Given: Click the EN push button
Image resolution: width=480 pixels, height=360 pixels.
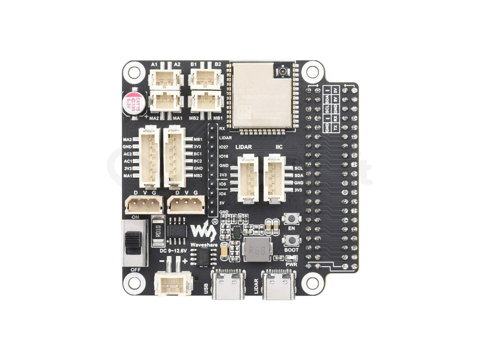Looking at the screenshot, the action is pyautogui.click(x=292, y=219).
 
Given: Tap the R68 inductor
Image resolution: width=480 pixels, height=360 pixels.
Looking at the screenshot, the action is pyautogui.click(x=255, y=250).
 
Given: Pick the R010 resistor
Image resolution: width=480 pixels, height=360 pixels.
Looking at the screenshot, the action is pyautogui.click(x=158, y=231).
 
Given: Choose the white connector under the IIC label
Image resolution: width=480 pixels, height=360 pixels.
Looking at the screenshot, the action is pyautogui.click(x=275, y=179).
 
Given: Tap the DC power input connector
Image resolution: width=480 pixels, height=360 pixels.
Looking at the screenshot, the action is pyautogui.click(x=172, y=283).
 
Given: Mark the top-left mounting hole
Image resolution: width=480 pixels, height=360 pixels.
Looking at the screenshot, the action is pyautogui.click(x=135, y=72).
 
